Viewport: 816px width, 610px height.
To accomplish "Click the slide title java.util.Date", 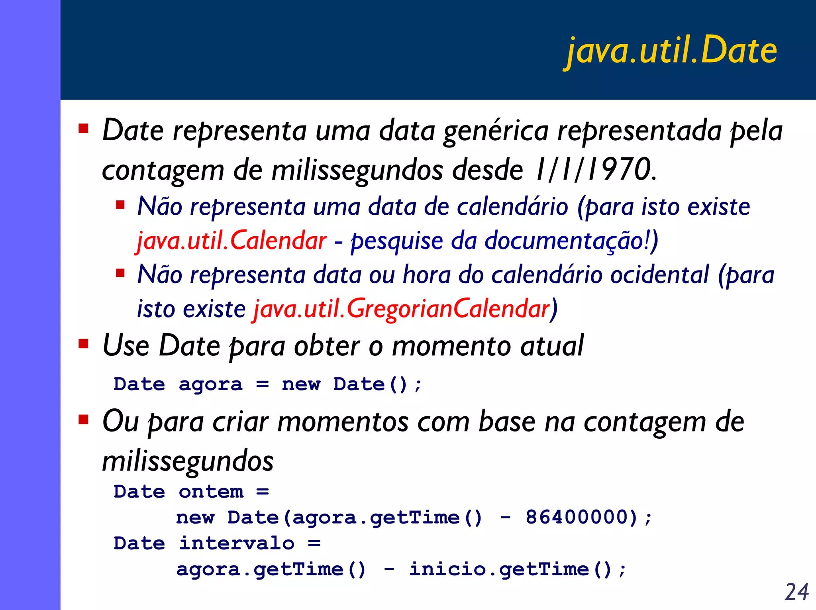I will tap(672, 51).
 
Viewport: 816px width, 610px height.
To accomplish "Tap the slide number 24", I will tap(796, 592).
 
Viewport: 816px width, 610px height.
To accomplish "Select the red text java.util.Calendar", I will tap(231, 241).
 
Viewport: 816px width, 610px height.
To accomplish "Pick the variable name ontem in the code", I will tap(211, 492).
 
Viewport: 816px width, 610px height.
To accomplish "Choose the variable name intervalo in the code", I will tap(237, 543).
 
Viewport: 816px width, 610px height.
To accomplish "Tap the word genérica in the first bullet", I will tap(496, 131).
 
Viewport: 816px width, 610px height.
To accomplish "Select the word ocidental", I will tap(659, 275).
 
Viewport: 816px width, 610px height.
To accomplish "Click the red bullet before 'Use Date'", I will tap(83, 343).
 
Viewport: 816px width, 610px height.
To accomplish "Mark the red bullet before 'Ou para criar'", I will tap(83, 419).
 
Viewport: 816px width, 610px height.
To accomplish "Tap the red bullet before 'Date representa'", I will tap(83, 128).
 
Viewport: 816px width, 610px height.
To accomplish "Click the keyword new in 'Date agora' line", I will tap(301, 384).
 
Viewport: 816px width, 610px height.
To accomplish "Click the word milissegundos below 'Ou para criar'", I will tap(188, 461).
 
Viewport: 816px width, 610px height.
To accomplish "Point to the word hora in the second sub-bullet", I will tap(426, 275).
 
